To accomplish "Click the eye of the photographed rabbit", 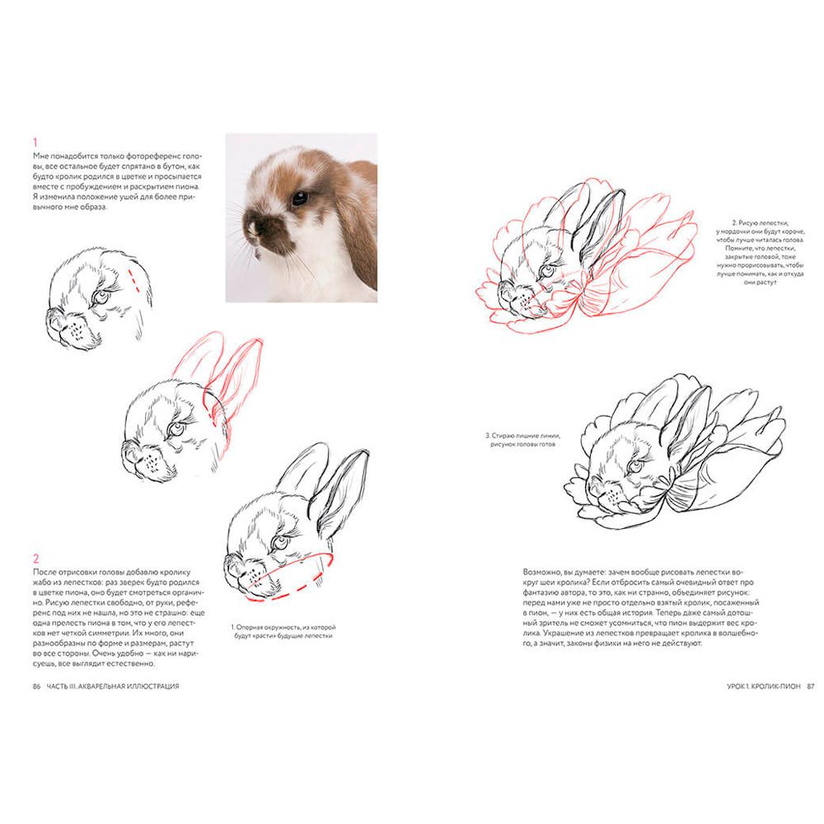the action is (300, 198).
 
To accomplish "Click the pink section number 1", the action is (35, 143).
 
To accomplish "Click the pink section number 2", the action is (35, 559).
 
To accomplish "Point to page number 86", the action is (37, 686).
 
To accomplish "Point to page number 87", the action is (810, 686).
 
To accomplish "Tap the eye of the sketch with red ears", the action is (176, 429).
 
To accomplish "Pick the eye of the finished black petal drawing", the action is (635, 466).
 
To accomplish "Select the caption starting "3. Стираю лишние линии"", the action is (523, 440).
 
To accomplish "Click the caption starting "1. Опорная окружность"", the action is (283, 631).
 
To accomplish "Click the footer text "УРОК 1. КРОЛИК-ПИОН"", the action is (764, 686).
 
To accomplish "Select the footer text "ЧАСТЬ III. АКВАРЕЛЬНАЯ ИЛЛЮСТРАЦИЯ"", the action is (113, 686).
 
